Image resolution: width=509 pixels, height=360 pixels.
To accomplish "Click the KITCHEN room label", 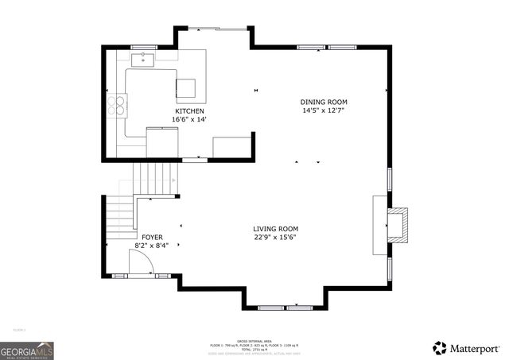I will tap(190, 110).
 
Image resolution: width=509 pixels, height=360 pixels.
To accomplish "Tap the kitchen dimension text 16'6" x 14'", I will tap(189, 119).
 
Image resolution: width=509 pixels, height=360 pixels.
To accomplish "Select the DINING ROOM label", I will tap(324, 102).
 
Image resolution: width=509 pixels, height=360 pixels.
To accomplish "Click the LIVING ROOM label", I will tap(276, 229).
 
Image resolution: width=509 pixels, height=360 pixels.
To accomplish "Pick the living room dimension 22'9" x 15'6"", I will tap(276, 238).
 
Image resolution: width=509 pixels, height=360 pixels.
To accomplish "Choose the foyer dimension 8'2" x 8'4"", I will tap(151, 246).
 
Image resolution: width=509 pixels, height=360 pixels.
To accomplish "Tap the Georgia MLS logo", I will tap(27, 350).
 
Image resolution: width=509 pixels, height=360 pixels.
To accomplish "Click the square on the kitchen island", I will tap(185, 87).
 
